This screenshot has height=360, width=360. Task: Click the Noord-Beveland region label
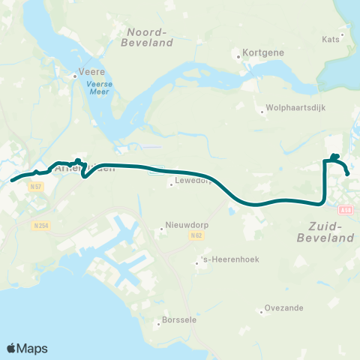pyautogui.click(x=150, y=37)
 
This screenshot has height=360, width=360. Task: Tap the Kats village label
pyautogui.click(x=331, y=39)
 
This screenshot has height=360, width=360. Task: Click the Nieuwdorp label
pyautogui.click(x=184, y=229)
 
